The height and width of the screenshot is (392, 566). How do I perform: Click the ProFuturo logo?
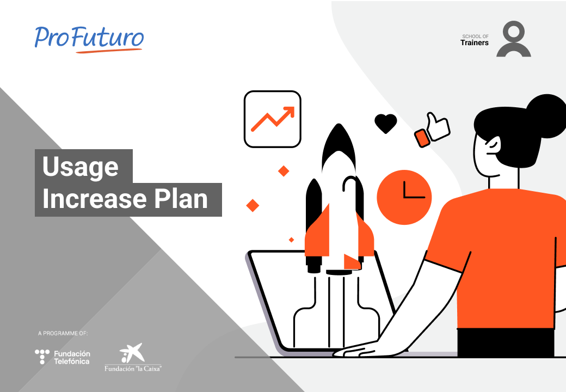click(x=89, y=39)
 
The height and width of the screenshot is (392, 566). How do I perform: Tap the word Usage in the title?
click(x=80, y=167)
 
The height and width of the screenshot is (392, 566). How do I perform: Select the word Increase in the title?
click(x=94, y=199)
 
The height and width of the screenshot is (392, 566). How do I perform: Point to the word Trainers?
click(x=475, y=42)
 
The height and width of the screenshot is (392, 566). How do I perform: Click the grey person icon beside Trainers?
click(x=513, y=39)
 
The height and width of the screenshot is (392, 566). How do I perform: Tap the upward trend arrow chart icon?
click(x=273, y=119)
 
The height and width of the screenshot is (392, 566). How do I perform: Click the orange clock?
click(x=404, y=198)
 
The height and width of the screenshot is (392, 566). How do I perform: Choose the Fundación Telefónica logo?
click(x=63, y=357)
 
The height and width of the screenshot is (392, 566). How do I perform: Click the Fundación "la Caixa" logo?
click(x=133, y=358)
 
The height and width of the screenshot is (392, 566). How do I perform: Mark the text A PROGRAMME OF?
click(x=63, y=333)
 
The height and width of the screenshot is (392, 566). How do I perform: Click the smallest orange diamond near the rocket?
click(x=291, y=240)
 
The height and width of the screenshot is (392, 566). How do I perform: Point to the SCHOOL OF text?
click(x=476, y=36)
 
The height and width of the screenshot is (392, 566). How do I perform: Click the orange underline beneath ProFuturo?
click(x=109, y=51)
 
